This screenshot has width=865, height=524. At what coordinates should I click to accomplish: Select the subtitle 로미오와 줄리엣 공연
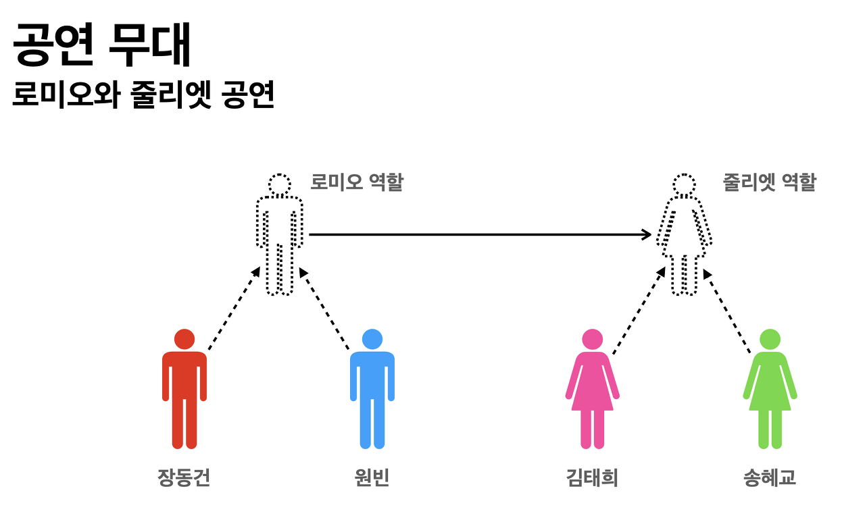(x=143, y=95)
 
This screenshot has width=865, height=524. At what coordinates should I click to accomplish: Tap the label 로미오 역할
(x=356, y=182)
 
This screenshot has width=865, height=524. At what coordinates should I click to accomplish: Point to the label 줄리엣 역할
(x=769, y=182)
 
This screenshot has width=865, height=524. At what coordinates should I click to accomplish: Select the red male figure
(x=184, y=392)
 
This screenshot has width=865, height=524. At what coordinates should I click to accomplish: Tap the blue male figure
(x=372, y=392)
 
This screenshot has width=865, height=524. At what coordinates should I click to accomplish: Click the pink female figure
(x=592, y=392)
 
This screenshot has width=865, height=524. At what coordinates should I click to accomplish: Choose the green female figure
(x=770, y=392)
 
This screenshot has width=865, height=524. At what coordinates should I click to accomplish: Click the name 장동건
(x=184, y=478)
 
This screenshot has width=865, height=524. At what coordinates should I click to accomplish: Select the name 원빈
(x=372, y=478)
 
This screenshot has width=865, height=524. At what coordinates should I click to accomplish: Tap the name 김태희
(x=592, y=478)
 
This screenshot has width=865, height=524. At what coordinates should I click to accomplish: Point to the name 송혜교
(x=769, y=478)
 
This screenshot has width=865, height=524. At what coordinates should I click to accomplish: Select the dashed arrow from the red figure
(x=234, y=309)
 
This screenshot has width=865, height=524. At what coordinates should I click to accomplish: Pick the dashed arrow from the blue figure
(x=324, y=309)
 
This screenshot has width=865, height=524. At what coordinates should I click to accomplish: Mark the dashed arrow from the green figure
(x=727, y=311)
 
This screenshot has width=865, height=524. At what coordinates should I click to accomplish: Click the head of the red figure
(x=184, y=339)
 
